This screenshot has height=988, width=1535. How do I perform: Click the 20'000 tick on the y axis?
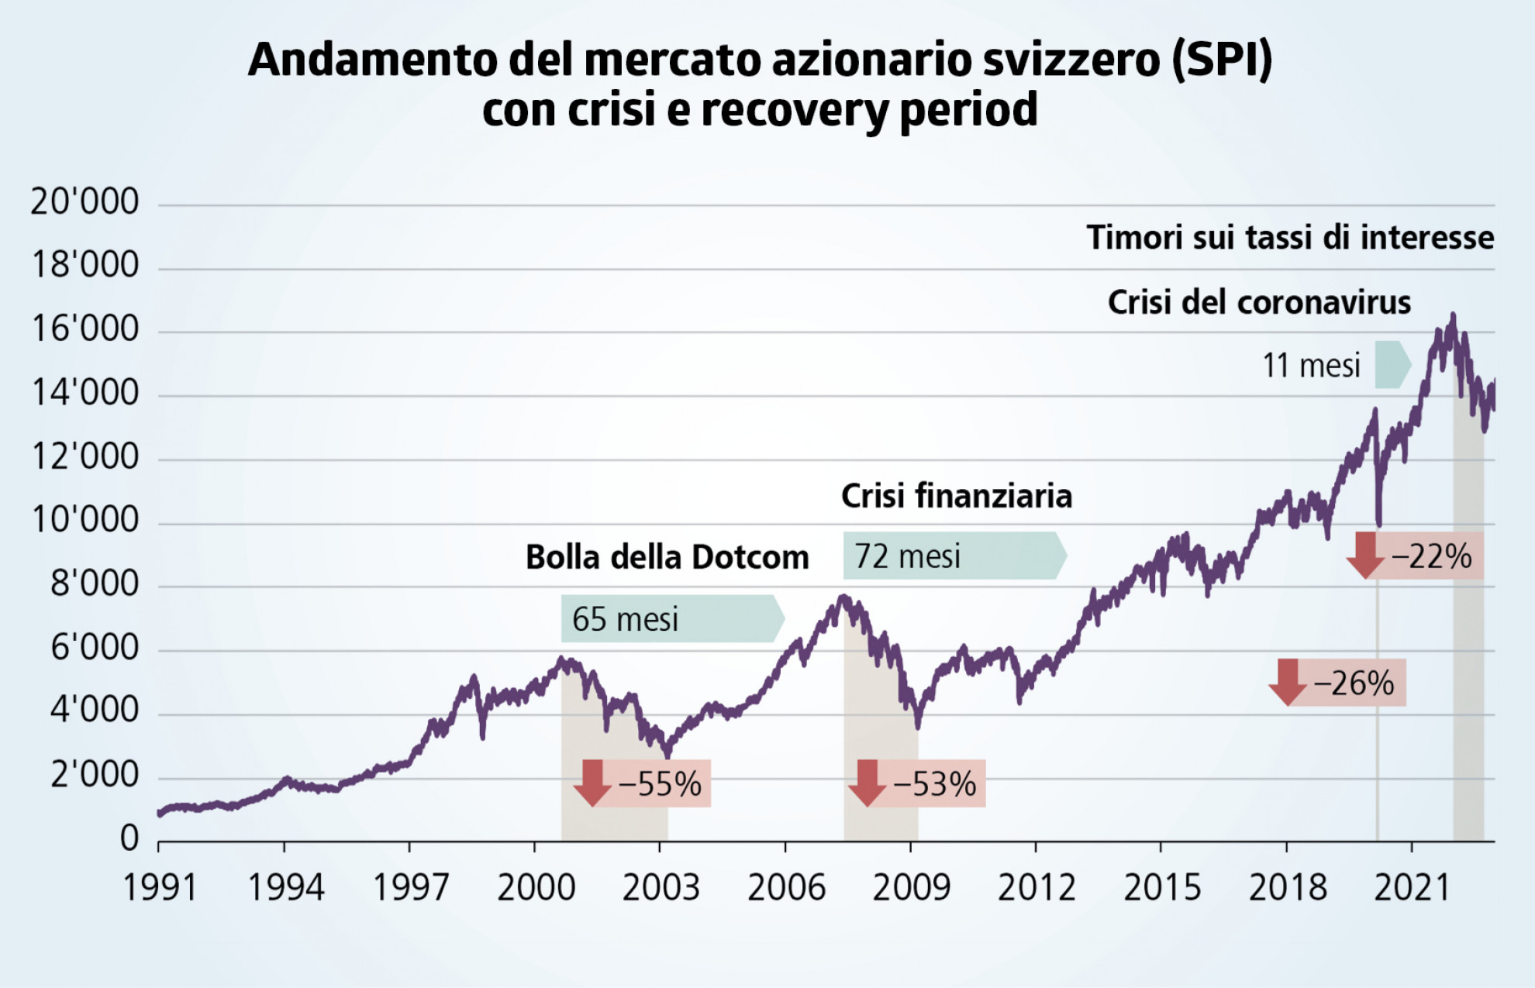pyautogui.click(x=85, y=202)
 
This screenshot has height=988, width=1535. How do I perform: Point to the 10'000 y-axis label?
pyautogui.click(x=85, y=520)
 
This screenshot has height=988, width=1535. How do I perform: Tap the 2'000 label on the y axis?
pyautogui.click(x=95, y=774)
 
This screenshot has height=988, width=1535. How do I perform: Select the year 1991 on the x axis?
pyautogui.click(x=160, y=888)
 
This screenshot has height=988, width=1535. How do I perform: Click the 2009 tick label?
pyautogui.click(x=911, y=888)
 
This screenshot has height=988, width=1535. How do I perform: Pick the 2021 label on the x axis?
pyautogui.click(x=1412, y=888)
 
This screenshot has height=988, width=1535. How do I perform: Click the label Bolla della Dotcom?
pyautogui.click(x=667, y=557)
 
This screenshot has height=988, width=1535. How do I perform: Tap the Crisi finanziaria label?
pyautogui.click(x=957, y=496)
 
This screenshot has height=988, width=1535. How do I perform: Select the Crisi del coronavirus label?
pyautogui.click(x=1259, y=302)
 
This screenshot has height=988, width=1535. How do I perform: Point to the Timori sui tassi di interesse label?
pyautogui.click(x=1290, y=237)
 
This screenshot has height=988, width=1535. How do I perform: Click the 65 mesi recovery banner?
pyautogui.click(x=671, y=619)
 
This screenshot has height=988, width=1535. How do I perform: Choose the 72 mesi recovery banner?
pyautogui.click(x=954, y=556)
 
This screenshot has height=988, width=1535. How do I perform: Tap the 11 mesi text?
pyautogui.click(x=1311, y=365)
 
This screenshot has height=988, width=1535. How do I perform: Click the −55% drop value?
pyautogui.click(x=661, y=784)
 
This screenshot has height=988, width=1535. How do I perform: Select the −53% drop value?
pyautogui.click(x=935, y=784)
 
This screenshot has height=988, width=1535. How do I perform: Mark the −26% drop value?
pyautogui.click(x=1354, y=683)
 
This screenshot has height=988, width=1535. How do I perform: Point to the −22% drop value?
pyautogui.click(x=1431, y=556)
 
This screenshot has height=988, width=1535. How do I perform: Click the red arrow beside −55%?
pyautogui.click(x=593, y=783)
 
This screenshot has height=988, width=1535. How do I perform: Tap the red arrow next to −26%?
pyautogui.click(x=1288, y=682)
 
